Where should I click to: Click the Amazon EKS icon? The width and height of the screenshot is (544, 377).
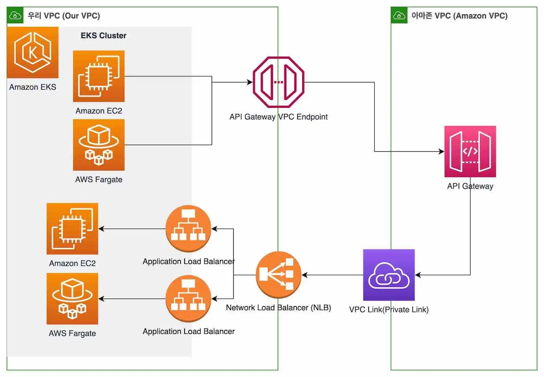click(33, 52)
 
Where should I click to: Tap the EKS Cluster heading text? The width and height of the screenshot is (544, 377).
click(103, 36)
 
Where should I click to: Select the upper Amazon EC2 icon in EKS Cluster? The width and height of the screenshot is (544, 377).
click(99, 76)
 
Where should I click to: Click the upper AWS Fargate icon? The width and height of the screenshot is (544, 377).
click(99, 145)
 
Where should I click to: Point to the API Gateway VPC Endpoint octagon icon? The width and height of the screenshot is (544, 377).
click(278, 82)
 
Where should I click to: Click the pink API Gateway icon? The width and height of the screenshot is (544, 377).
click(470, 151)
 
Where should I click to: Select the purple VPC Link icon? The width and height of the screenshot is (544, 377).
click(389, 275)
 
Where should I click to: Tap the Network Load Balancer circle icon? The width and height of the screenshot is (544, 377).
click(278, 274)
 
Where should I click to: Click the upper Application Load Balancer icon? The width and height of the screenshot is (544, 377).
click(188, 228)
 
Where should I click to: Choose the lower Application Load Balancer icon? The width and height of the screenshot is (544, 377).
click(188, 298)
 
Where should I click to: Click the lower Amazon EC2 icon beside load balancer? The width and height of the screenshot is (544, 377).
click(72, 229)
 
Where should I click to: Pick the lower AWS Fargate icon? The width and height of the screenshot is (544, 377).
click(72, 299)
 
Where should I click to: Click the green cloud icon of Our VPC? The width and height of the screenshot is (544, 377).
click(15, 16)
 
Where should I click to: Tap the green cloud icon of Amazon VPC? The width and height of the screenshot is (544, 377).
click(399, 16)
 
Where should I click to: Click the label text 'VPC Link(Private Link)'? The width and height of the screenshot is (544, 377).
click(389, 310)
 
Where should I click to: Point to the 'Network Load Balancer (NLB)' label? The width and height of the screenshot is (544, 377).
click(278, 308)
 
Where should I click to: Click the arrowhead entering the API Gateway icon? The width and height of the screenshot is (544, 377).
click(442, 151)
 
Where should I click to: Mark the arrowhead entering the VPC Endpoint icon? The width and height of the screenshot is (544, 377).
click(250, 82)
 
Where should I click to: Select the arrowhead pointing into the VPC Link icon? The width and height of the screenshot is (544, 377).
click(418, 275)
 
